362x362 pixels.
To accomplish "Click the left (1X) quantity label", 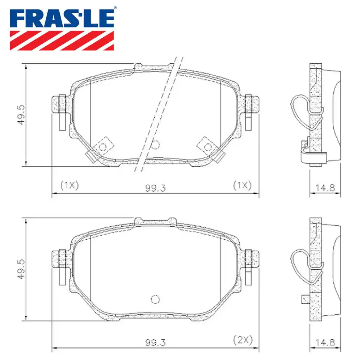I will (69, 185).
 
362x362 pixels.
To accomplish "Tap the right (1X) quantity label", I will (242, 185).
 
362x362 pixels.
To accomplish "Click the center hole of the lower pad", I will (155, 299).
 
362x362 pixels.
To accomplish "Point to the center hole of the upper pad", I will (155, 145).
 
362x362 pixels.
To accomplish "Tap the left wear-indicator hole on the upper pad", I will (102, 147).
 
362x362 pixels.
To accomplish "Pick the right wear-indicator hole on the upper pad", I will (208, 147).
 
